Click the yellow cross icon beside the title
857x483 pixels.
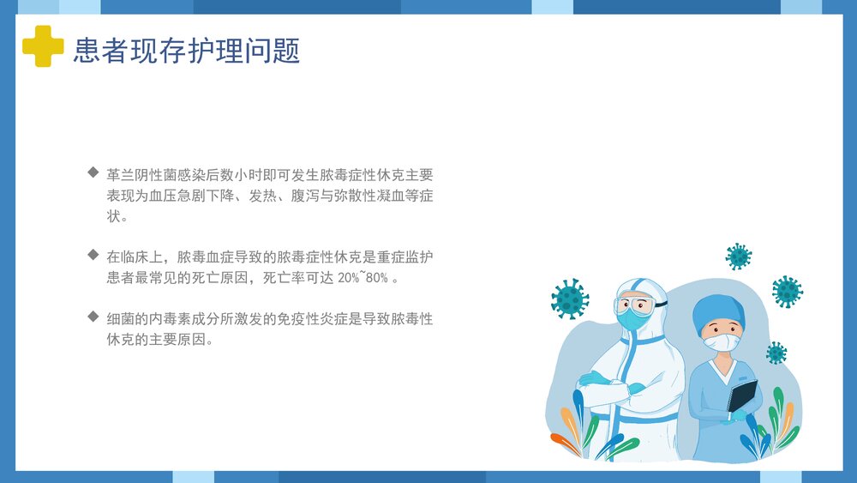(43, 46)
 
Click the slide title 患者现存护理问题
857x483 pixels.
(187, 51)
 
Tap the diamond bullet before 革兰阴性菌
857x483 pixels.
(93, 172)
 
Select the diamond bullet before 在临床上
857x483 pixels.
(93, 255)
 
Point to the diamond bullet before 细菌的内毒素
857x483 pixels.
(93, 317)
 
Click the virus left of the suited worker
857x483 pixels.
(569, 299)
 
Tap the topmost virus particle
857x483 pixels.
(738, 256)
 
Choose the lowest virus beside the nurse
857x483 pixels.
(776, 353)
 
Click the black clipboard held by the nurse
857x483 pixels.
(742, 397)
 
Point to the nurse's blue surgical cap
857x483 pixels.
(718, 312)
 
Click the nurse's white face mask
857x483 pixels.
(721, 342)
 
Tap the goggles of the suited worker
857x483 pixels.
(635, 305)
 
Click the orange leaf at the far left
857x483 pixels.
(565, 442)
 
